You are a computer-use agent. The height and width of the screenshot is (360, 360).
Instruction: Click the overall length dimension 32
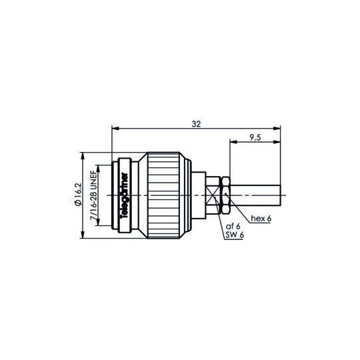point(196,124)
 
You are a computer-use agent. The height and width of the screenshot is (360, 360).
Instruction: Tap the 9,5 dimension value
point(255,138)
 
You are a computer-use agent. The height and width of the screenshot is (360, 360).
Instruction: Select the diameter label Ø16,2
point(78,195)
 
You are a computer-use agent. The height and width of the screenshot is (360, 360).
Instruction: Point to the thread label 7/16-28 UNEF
point(94,196)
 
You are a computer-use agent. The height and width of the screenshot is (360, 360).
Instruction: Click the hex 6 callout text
point(261,219)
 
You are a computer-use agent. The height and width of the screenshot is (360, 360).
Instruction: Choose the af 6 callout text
point(233,227)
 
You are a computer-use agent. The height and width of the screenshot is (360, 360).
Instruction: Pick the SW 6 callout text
point(235,235)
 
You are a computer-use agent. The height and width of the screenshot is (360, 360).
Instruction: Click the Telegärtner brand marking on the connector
point(125,195)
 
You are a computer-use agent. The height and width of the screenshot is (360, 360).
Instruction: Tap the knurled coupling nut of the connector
point(163,195)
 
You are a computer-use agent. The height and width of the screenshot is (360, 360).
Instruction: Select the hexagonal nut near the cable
point(225,195)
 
